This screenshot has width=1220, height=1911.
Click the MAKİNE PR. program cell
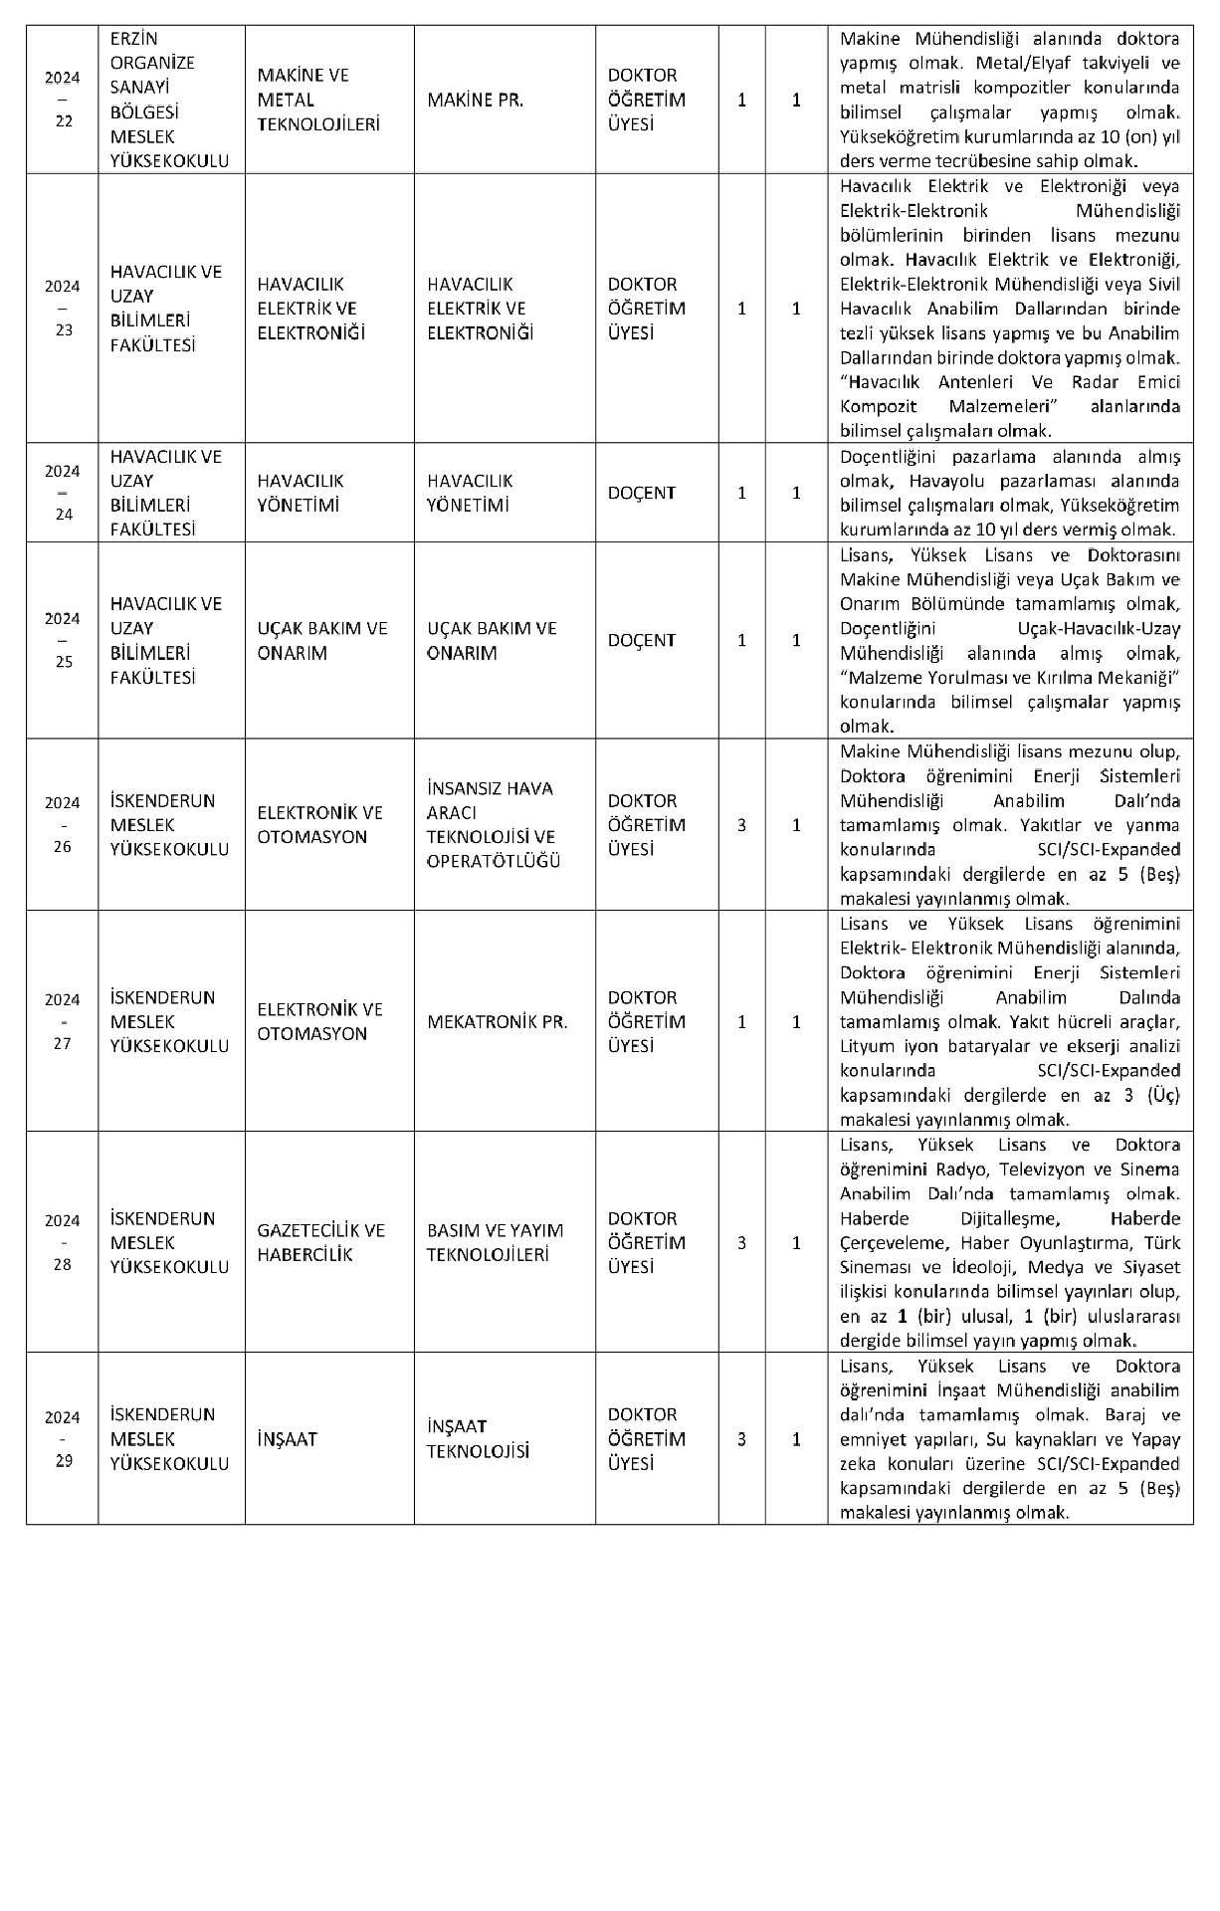(x=475, y=101)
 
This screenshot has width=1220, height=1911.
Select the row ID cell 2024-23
(x=63, y=309)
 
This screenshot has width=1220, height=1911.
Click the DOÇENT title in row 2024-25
(x=641, y=641)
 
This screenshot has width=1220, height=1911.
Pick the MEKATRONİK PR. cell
(x=497, y=1022)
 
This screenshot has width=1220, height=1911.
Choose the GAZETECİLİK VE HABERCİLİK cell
(x=320, y=1242)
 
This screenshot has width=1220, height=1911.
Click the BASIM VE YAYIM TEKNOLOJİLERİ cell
(x=495, y=1242)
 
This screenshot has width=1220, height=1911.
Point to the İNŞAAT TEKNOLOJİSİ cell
(x=478, y=1439)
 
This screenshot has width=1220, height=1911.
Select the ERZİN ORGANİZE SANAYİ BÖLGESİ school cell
(x=169, y=101)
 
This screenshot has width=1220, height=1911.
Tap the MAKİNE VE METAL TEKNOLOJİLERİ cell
(x=305, y=101)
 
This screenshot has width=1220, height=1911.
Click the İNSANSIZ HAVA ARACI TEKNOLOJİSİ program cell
(x=494, y=825)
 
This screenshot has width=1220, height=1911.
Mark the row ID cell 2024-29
(x=63, y=1439)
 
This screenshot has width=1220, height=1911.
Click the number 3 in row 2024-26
(x=741, y=825)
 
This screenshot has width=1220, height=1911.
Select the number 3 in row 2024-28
(x=741, y=1242)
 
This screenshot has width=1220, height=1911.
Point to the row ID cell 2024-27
(x=63, y=1022)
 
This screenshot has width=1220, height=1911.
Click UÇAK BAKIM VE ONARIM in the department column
(x=322, y=641)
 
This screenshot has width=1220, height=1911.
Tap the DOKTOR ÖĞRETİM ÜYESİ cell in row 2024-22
(x=646, y=101)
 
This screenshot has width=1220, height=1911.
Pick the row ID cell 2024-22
(x=63, y=101)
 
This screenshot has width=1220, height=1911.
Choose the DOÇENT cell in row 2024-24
(x=641, y=493)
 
